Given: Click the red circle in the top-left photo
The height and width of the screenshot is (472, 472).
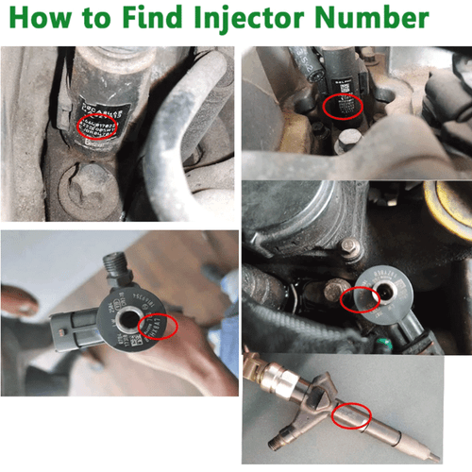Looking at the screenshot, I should [96, 126].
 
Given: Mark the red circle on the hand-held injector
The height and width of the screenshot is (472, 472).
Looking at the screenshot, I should [158, 327].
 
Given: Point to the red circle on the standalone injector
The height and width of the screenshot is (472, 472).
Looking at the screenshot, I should [353, 415].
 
